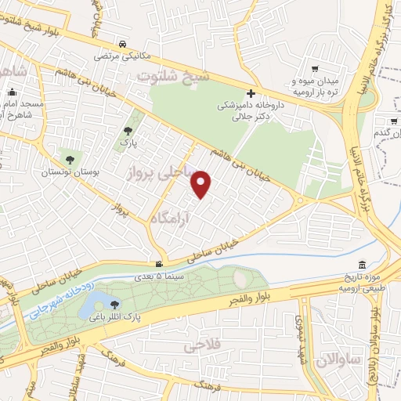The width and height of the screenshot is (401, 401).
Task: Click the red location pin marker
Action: tap(202, 184)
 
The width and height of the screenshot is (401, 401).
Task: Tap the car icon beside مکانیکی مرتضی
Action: tap(124, 45)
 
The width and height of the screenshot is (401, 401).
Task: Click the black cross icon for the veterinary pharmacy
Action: tap(251, 92)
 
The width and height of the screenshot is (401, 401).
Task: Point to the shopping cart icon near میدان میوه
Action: tap(314, 68)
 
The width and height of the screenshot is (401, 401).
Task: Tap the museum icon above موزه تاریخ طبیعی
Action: tap(360, 265)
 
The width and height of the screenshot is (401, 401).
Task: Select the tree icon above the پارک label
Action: tap(128, 131)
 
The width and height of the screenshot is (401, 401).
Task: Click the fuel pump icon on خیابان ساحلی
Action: tap(159, 264)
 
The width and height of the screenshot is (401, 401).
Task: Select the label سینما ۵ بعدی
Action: tap(160, 276)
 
